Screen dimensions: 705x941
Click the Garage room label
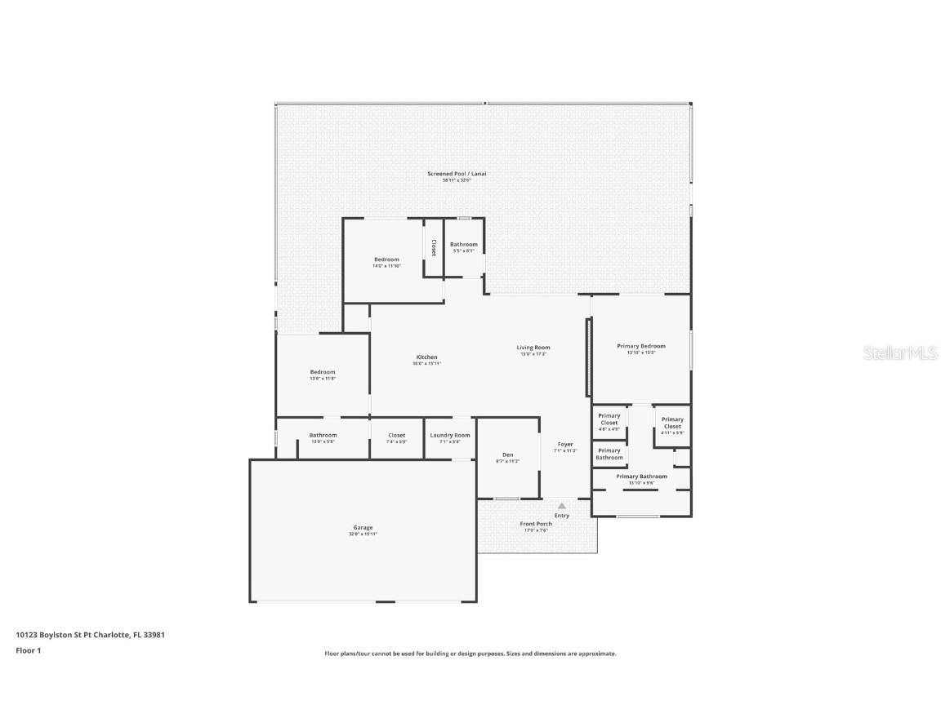pyautogui.click(x=363, y=528)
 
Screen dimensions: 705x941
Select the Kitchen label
pyautogui.click(x=426, y=357)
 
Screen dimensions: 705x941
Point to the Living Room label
pyautogui.click(x=533, y=348)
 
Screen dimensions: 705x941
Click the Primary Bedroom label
pyautogui.click(x=640, y=346)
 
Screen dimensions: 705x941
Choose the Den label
pyautogui.click(x=507, y=454)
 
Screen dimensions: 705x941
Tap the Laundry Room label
pyautogui.click(x=450, y=436)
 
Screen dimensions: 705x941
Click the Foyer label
pyautogui.click(x=564, y=445)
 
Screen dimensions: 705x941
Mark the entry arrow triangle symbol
pyautogui.click(x=561, y=507)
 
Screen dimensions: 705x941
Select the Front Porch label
pyautogui.click(x=537, y=524)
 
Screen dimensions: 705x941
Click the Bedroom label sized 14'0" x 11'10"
pyautogui.click(x=386, y=259)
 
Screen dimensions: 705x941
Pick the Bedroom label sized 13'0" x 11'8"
pyautogui.click(x=322, y=372)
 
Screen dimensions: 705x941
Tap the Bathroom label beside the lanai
pyautogui.click(x=463, y=245)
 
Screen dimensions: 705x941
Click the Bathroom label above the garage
pyautogui.click(x=323, y=436)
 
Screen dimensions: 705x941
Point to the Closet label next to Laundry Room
pyautogui.click(x=396, y=436)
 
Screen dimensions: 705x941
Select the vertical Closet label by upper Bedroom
pyautogui.click(x=434, y=247)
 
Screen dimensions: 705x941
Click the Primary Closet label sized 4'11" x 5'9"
pyautogui.click(x=672, y=423)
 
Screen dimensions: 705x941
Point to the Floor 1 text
pyautogui.click(x=28, y=650)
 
